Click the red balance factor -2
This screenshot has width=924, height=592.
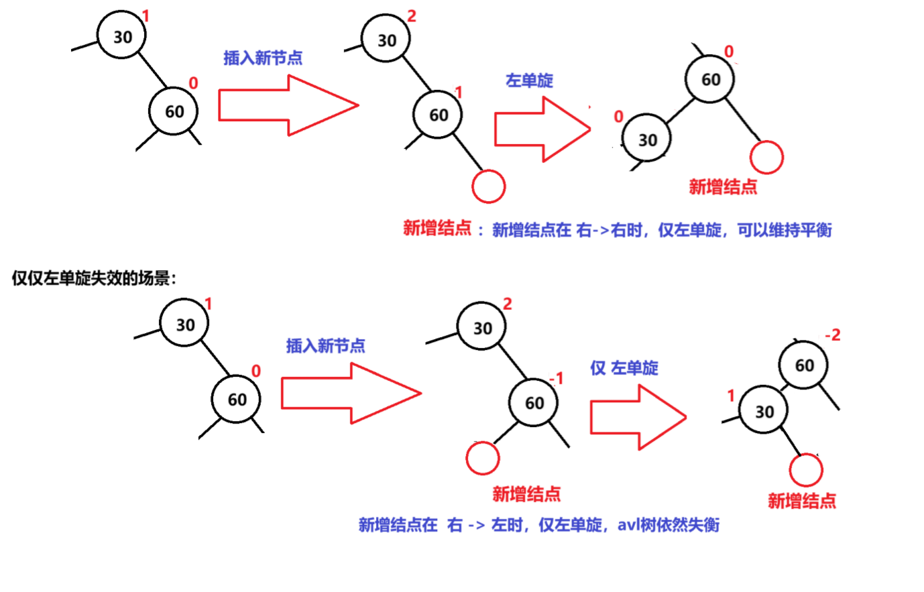coord(832,335)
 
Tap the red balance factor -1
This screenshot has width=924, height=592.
coord(556,379)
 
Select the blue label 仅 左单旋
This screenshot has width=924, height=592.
coord(624,367)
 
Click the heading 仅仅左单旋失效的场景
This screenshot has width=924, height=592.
coord(94,278)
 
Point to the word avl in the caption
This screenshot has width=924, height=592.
coord(628,524)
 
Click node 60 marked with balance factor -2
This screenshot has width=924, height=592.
coord(803,365)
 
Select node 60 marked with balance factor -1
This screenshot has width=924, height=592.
coord(534,403)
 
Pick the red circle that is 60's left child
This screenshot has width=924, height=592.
coord(483,459)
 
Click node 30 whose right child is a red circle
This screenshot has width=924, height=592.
coord(764,412)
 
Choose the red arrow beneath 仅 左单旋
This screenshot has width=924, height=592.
coord(637,417)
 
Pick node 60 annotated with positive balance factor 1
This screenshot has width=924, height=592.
coord(438,115)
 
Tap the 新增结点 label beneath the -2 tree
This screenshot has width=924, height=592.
coord(801,501)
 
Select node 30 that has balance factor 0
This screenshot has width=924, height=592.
coord(646,139)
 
